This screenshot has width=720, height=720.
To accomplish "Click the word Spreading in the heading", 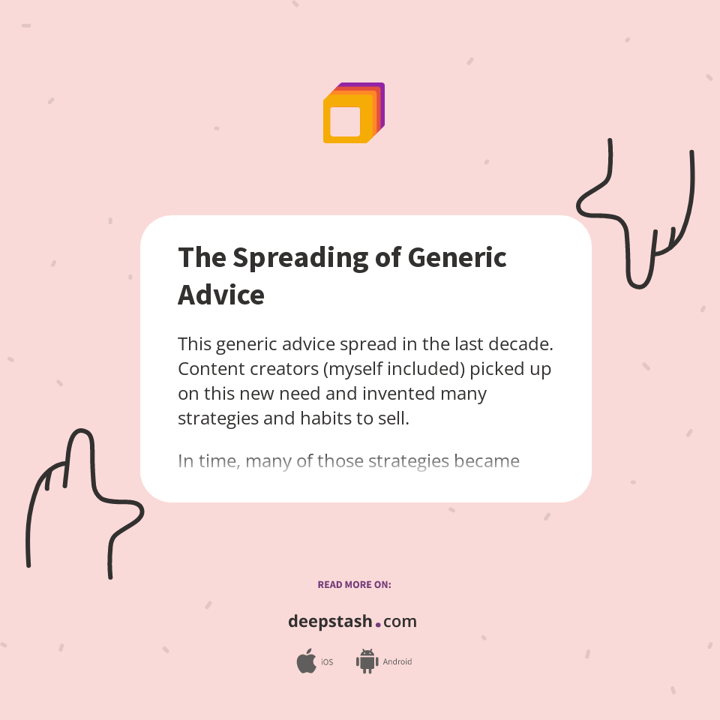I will click(x=300, y=258).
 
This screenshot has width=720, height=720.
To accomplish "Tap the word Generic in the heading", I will click(x=457, y=258).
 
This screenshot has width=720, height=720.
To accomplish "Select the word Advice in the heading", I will click(x=220, y=295).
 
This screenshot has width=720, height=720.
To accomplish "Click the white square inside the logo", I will click(x=345, y=121).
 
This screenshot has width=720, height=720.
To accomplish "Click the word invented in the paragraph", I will click(x=399, y=394).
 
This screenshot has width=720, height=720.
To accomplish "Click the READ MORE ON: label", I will click(x=354, y=584).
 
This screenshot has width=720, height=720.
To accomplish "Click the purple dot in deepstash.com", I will click(x=378, y=623).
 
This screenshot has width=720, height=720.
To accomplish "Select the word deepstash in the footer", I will click(x=330, y=622).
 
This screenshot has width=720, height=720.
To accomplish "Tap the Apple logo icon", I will click(x=306, y=661).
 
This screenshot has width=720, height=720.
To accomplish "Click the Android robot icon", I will click(x=367, y=661).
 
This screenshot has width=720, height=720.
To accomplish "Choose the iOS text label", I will click(x=327, y=661).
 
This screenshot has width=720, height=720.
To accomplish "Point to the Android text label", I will click(x=397, y=661).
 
